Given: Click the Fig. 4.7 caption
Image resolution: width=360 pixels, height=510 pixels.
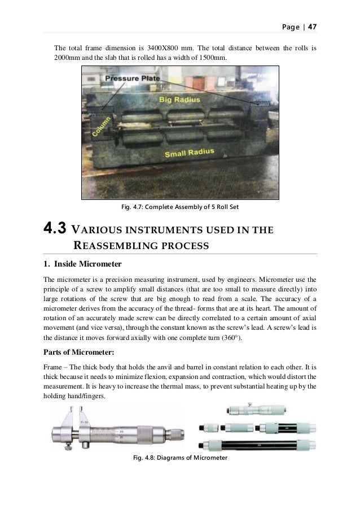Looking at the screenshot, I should pyautogui.click(x=181, y=207).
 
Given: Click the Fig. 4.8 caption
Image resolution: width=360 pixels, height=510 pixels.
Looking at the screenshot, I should pyautogui.click(x=180, y=456).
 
